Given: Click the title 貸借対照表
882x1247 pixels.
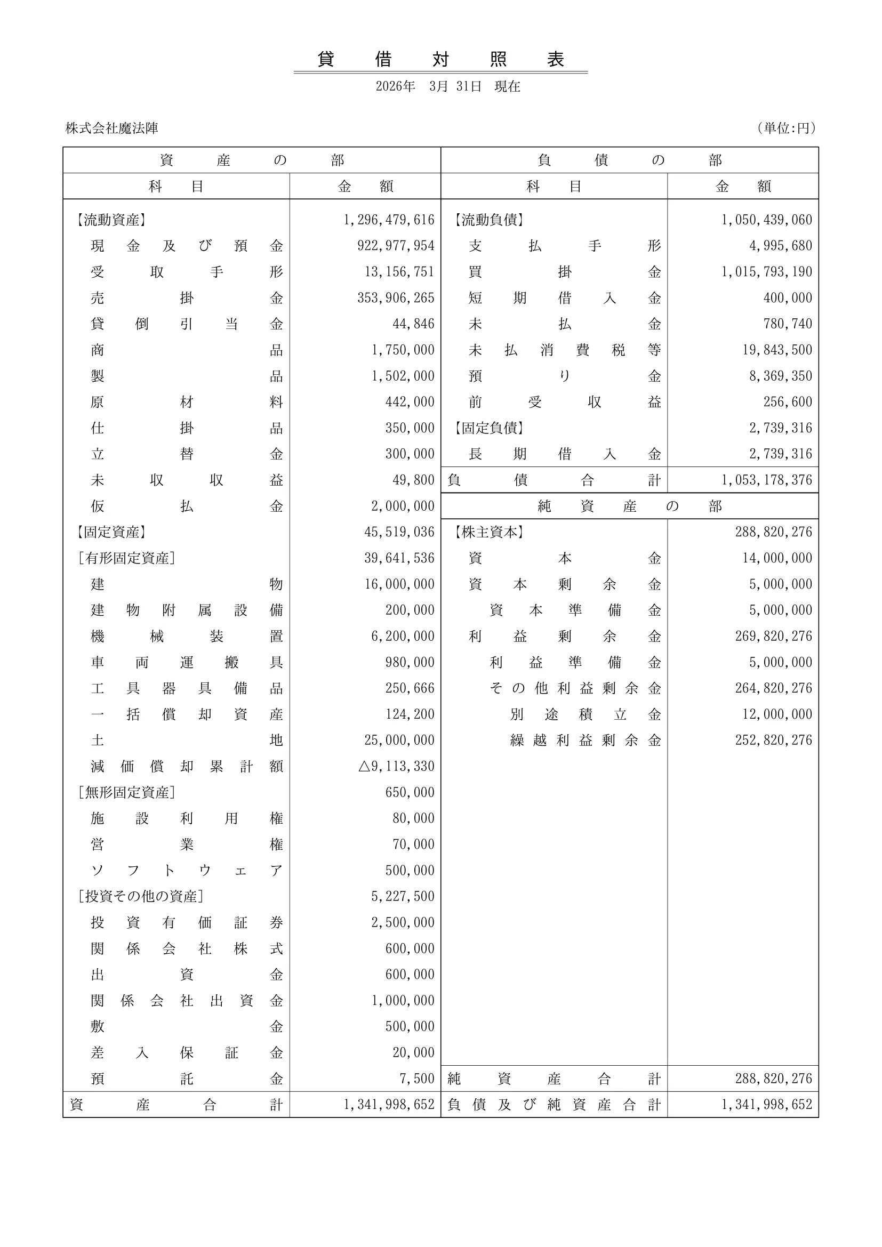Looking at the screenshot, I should [x=440, y=59].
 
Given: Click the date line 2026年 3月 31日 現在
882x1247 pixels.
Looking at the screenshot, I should [x=447, y=86].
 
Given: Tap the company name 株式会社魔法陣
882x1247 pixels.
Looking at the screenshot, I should [x=112, y=128].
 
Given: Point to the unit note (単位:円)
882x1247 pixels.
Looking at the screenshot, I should [x=787, y=128].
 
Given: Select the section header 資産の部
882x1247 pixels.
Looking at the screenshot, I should [x=252, y=160].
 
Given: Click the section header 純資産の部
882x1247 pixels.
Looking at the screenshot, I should [x=629, y=506].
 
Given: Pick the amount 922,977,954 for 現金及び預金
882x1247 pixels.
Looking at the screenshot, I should [x=395, y=246].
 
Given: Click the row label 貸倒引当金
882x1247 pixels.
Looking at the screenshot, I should [x=186, y=324].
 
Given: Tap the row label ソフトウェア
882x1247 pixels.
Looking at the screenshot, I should [x=186, y=871].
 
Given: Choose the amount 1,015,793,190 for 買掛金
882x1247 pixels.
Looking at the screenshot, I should [x=766, y=272].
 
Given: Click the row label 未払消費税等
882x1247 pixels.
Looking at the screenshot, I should [x=564, y=350].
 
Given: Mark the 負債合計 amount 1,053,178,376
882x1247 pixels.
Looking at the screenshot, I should [x=766, y=480].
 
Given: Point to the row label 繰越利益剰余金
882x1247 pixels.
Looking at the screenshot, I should [x=585, y=741].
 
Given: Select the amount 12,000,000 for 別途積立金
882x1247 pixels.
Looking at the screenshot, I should [x=776, y=714].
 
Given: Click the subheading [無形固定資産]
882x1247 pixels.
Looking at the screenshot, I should [x=126, y=792].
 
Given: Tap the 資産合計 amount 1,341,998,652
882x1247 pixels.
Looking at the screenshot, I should [x=389, y=1105].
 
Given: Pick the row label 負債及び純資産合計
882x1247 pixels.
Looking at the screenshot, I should [x=554, y=1105].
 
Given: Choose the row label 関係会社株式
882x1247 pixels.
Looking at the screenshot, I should [x=186, y=949].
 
